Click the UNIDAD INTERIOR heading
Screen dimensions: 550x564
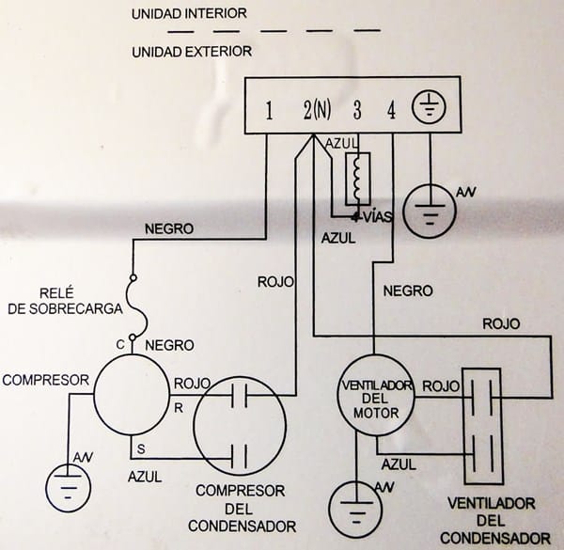pos(189,14)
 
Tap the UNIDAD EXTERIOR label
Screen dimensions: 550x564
pos(192,50)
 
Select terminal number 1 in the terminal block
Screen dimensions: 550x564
pos(269,111)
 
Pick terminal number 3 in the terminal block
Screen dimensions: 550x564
pos(357,111)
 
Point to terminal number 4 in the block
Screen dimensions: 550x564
pos(391,111)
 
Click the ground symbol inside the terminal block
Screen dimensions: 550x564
pos(429,109)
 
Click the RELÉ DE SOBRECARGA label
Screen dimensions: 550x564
pos(65,301)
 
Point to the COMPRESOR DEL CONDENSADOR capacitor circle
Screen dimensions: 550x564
pos(239,426)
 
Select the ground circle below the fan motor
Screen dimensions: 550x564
pos(355,512)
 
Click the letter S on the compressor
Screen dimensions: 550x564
pos(141,447)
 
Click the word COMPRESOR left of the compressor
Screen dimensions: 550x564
pos(45,380)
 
